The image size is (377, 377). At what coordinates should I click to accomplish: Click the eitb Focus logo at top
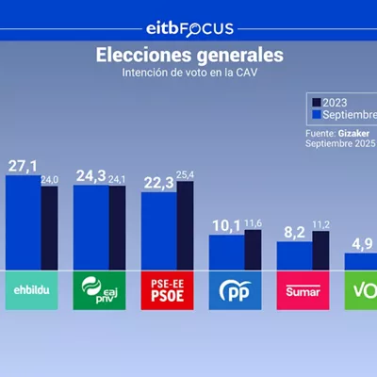(189, 29)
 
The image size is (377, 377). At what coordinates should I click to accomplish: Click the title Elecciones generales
(189, 55)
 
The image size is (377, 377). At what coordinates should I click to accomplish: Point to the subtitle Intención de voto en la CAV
(189, 73)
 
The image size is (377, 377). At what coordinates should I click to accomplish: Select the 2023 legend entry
(330, 103)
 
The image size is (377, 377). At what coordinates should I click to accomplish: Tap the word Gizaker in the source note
(353, 134)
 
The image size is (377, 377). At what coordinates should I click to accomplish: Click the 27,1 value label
(23, 166)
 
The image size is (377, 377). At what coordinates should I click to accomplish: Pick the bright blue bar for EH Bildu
(24, 222)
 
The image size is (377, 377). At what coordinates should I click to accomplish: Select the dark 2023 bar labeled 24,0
(49, 228)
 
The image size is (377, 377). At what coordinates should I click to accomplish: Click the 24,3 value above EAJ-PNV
(91, 176)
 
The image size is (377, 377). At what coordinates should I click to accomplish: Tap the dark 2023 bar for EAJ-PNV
(117, 228)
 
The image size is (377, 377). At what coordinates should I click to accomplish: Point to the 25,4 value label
(185, 175)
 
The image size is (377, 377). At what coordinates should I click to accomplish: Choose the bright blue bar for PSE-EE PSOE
(159, 231)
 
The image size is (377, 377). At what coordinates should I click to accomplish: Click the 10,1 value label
(226, 225)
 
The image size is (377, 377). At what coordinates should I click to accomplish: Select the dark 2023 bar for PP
(253, 250)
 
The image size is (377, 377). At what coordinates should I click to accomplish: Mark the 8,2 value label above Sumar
(295, 233)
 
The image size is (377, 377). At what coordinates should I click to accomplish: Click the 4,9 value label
(362, 244)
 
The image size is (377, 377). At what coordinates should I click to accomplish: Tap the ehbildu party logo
(31, 290)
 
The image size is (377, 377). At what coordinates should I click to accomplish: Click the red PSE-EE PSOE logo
(167, 290)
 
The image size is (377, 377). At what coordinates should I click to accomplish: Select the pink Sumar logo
(303, 290)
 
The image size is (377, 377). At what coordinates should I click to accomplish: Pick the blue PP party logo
(235, 290)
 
